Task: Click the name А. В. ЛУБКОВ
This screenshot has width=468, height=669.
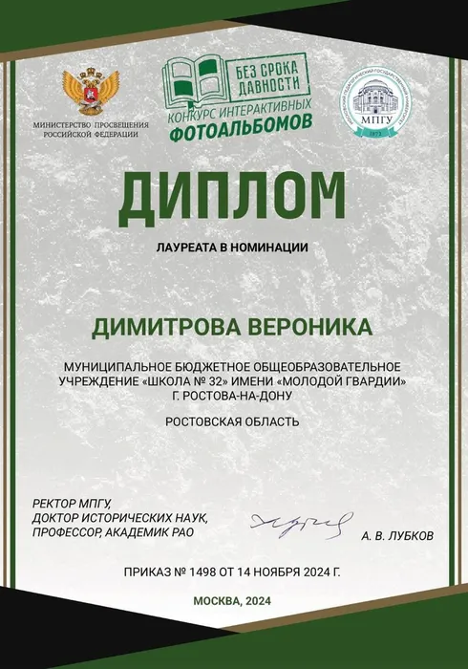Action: (x=397, y=536)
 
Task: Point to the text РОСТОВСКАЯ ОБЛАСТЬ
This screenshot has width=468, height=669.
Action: (x=232, y=421)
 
